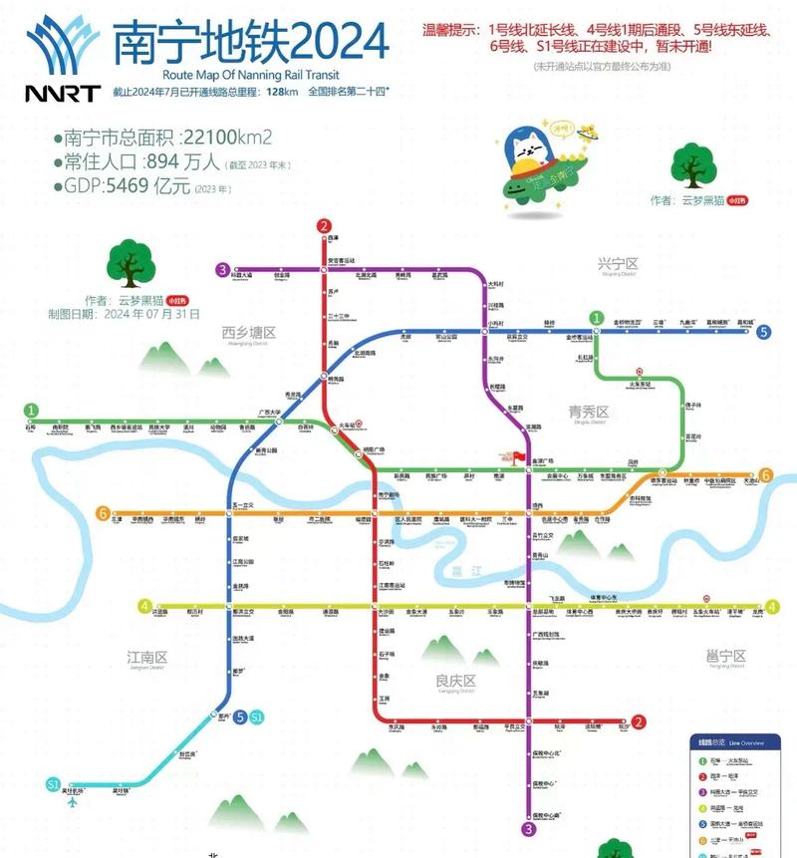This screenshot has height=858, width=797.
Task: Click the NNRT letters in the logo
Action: click(x=62, y=95)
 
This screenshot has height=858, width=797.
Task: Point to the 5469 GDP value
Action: click(x=129, y=186)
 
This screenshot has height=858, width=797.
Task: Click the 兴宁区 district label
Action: click(x=617, y=264)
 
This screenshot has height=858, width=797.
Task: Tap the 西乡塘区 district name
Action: click(x=248, y=332)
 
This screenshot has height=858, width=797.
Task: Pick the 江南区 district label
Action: click(x=146, y=658)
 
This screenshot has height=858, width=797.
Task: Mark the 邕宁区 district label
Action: click(x=725, y=656)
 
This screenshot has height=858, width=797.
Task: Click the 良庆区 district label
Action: click(x=457, y=681)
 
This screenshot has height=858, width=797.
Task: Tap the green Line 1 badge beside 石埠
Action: click(x=33, y=410)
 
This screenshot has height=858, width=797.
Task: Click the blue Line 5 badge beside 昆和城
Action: click(x=763, y=333)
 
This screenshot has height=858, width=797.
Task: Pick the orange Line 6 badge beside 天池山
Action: click(x=765, y=475)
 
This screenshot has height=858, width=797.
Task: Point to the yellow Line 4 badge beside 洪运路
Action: click(x=145, y=606)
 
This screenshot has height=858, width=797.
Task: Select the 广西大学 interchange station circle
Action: click(x=279, y=421)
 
